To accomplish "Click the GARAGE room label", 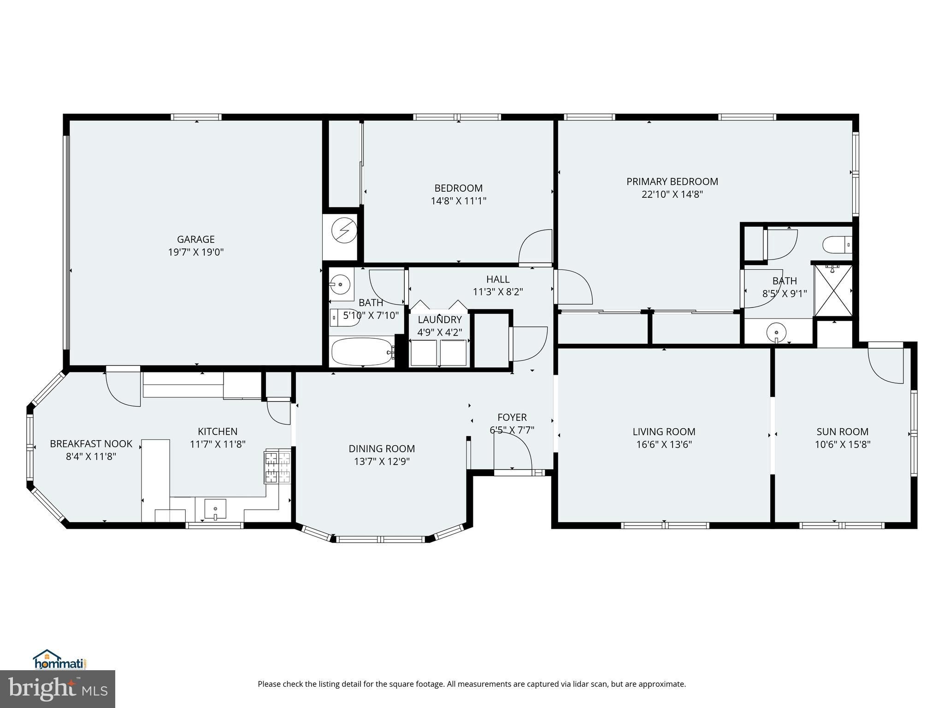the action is (196, 239).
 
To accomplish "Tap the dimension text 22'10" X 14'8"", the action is (672, 195).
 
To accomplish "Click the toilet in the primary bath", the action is (838, 244).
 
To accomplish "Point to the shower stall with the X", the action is (833, 290).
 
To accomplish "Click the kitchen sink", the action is (215, 509).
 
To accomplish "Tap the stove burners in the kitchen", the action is (277, 466).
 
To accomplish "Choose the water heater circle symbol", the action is (344, 230).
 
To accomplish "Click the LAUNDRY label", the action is (440, 319).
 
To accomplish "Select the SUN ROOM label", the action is (843, 431).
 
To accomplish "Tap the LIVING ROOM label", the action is (664, 431).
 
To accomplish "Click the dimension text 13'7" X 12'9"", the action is (379, 461).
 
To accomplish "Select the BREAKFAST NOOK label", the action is (91, 443).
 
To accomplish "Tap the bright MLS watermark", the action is (58, 689).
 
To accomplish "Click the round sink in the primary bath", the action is (777, 332).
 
